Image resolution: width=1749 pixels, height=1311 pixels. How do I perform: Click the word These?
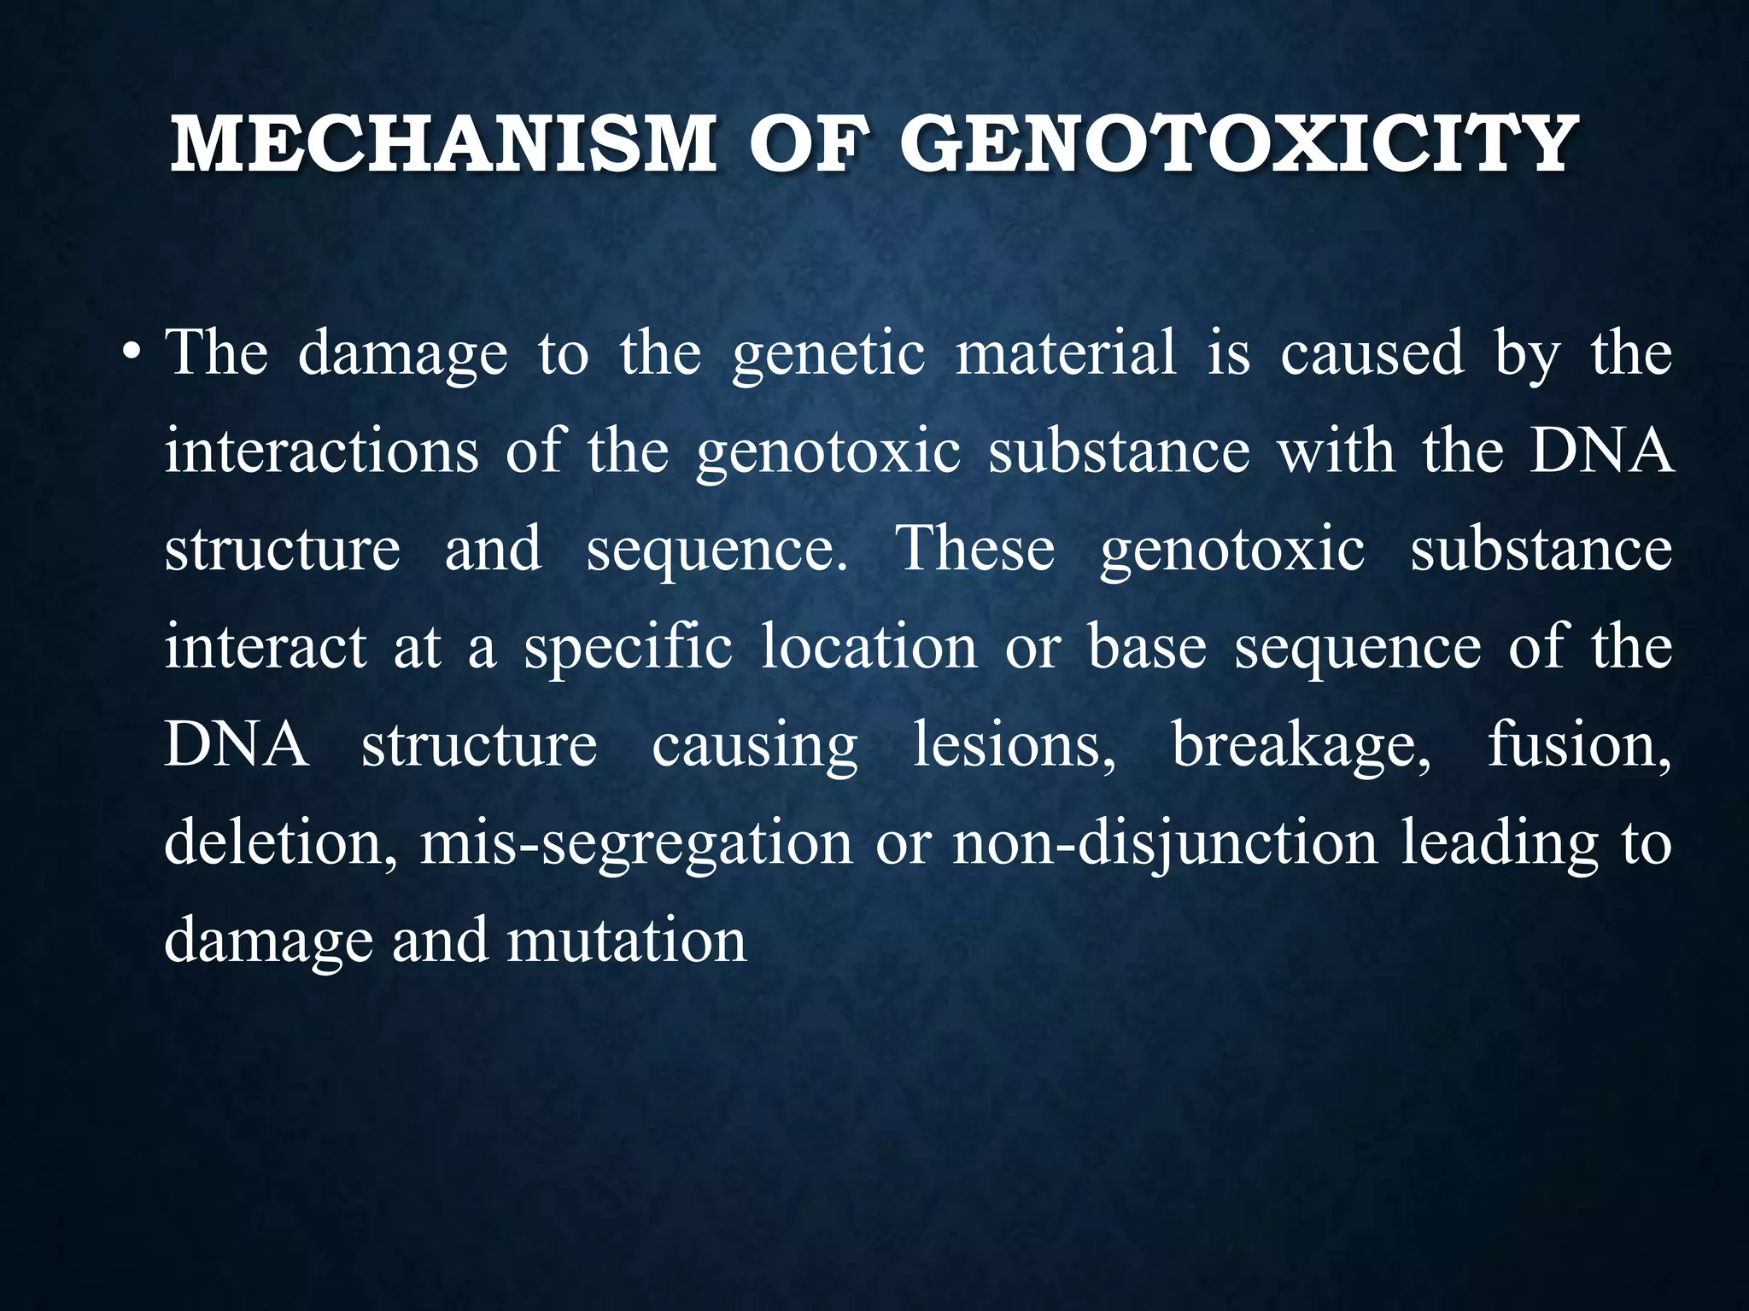coord(974,548)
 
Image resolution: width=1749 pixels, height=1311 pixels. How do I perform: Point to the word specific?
coord(629,646)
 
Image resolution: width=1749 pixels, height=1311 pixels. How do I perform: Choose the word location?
coord(869,646)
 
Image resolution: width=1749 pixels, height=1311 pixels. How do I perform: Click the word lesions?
coord(1014,744)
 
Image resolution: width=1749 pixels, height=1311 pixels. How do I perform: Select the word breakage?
coord(1301,744)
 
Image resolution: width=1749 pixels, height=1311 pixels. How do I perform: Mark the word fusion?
coord(1579,744)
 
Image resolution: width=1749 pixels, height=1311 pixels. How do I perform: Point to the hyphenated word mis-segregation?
coord(635,842)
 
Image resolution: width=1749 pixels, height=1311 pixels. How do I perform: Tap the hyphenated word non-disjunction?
coord(1165,842)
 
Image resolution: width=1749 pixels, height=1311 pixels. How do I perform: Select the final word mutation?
coord(627,941)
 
